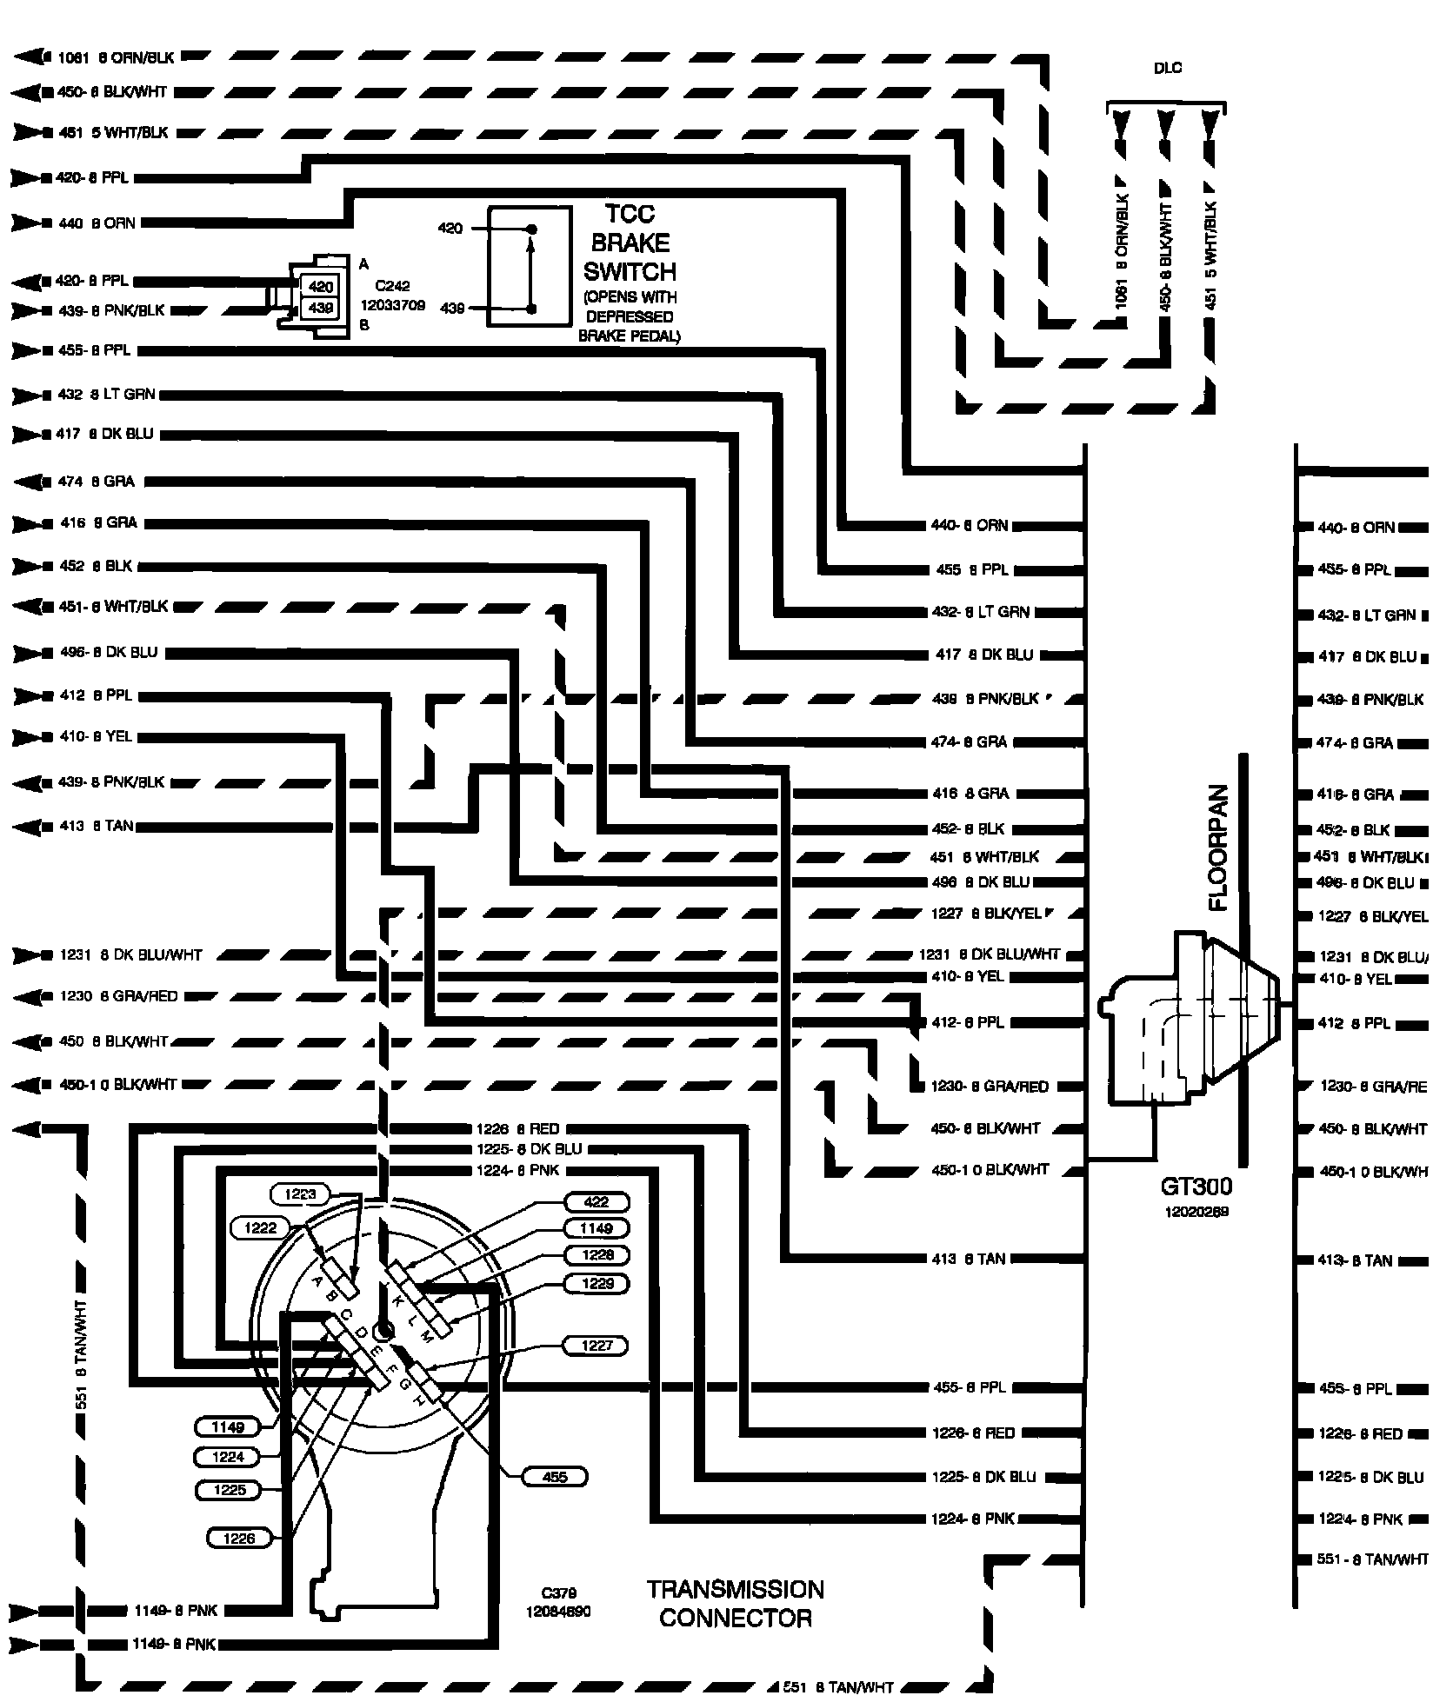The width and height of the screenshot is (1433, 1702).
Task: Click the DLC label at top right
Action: (x=1167, y=69)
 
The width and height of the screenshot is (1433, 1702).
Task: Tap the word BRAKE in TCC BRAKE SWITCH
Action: (x=630, y=243)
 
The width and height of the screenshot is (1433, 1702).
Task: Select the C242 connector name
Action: (x=392, y=285)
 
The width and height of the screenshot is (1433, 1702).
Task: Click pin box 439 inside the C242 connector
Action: (x=321, y=307)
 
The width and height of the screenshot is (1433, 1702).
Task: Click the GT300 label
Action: (x=1196, y=1187)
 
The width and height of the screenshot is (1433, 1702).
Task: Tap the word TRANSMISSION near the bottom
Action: (x=735, y=1590)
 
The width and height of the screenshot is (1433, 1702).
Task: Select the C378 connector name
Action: (x=557, y=1593)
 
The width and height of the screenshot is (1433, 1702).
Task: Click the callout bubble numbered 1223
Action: (x=301, y=1194)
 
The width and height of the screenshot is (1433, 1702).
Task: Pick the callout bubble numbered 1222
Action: (x=260, y=1227)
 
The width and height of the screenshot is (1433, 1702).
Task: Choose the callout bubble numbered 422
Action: (x=597, y=1202)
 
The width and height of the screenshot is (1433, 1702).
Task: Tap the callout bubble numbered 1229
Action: (x=597, y=1283)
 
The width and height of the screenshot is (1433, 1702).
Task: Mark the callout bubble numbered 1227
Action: (x=597, y=1346)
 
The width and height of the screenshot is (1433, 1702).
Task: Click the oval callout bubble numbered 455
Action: (x=554, y=1477)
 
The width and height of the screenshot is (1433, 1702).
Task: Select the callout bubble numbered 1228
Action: (x=597, y=1255)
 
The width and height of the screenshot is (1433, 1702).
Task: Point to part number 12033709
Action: (x=393, y=305)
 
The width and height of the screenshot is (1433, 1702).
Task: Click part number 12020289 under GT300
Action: (x=1197, y=1211)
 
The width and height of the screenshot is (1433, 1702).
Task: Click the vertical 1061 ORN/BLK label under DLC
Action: (x=1123, y=251)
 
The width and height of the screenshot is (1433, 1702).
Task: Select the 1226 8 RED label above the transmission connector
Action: (x=517, y=1129)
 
